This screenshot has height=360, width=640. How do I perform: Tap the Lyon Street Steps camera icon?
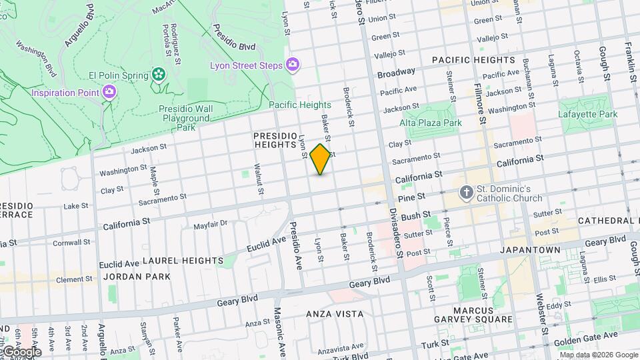click(x=292, y=65)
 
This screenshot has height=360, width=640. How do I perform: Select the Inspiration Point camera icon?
click(x=109, y=92)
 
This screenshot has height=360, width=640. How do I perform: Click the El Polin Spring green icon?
click(x=159, y=75)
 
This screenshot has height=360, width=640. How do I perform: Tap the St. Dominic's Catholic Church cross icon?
click(x=467, y=193)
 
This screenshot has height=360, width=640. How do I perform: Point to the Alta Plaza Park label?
click(x=431, y=123)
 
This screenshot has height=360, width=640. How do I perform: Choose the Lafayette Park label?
click(x=588, y=114)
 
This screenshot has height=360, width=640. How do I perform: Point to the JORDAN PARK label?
click(x=137, y=276)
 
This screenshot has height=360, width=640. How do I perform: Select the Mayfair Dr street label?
click(x=211, y=225)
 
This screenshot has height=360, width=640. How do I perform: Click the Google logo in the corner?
click(x=21, y=352)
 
